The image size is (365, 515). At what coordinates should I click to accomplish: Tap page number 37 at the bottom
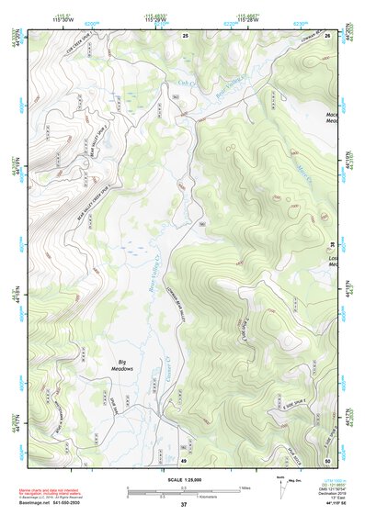(x=183, y=505)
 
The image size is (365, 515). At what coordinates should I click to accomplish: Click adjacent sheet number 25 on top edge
(x=185, y=35)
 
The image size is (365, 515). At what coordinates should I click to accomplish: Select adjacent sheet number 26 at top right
(x=328, y=35)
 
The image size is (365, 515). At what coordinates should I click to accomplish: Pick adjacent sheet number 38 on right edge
(x=332, y=244)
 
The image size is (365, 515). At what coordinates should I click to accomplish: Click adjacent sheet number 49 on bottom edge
(x=184, y=459)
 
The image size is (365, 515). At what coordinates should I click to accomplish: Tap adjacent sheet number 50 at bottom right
(x=328, y=459)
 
